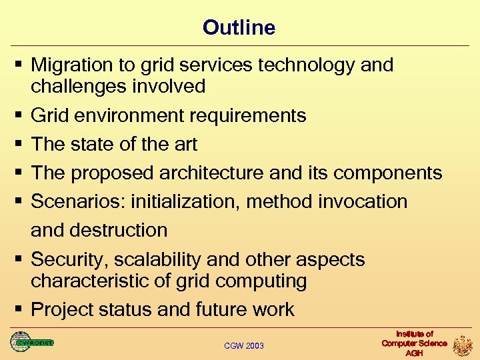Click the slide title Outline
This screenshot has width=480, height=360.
point(239,27)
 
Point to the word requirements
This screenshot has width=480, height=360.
point(248,116)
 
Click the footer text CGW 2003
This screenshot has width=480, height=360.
point(244,345)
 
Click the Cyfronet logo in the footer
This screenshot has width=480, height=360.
point(31,342)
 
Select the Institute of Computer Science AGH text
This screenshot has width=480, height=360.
point(414,343)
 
